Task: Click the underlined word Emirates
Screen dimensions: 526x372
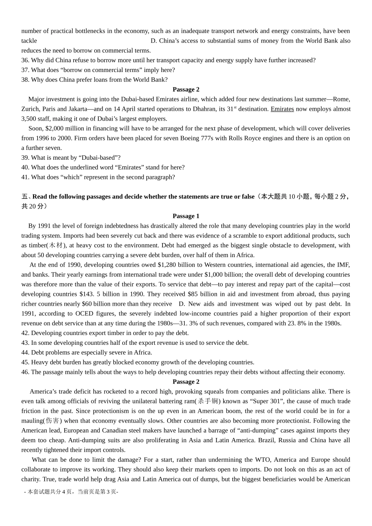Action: point(282,109)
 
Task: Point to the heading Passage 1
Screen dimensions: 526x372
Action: point(186,216)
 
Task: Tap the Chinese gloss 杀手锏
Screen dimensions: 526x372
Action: point(208,401)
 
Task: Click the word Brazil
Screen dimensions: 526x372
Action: point(266,440)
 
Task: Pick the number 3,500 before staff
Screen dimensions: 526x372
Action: point(29,119)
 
